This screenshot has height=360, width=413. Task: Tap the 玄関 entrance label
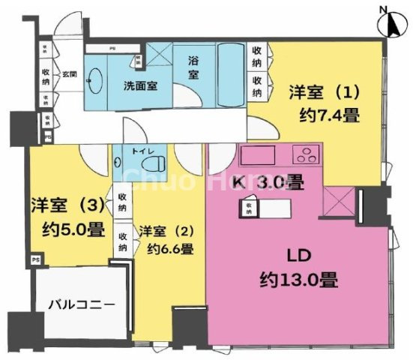coord(69,73)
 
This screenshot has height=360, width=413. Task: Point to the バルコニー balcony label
coord(82,305)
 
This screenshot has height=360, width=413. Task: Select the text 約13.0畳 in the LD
coord(298,281)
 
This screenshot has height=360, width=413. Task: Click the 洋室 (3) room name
coord(67,205)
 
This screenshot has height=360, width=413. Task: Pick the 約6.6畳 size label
coord(170,249)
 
